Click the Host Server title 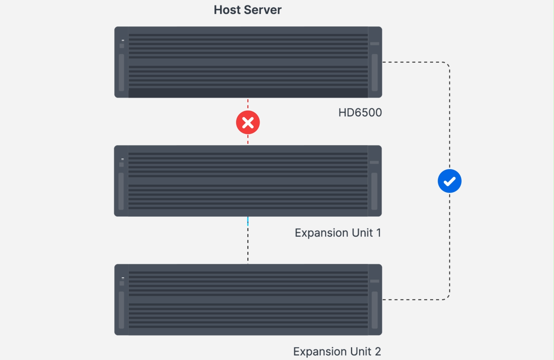pos(248,10)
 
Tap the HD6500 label pos(360,112)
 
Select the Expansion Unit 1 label pos(337,233)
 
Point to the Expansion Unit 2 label pos(337,351)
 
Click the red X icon pos(248,122)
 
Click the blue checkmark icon pos(449,181)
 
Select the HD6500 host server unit pos(248,62)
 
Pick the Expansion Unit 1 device pos(248,181)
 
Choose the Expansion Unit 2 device pos(248,300)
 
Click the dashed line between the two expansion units pos(248,241)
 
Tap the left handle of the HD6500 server pos(121,72)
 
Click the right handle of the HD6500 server pos(375,72)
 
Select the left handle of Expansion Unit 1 pos(121,191)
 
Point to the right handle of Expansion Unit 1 pos(374,191)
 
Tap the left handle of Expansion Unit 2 pos(121,310)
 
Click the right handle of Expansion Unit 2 pos(375,310)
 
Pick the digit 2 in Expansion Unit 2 pos(377,351)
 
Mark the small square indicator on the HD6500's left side pos(122,46)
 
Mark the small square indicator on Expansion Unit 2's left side pos(122,284)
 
